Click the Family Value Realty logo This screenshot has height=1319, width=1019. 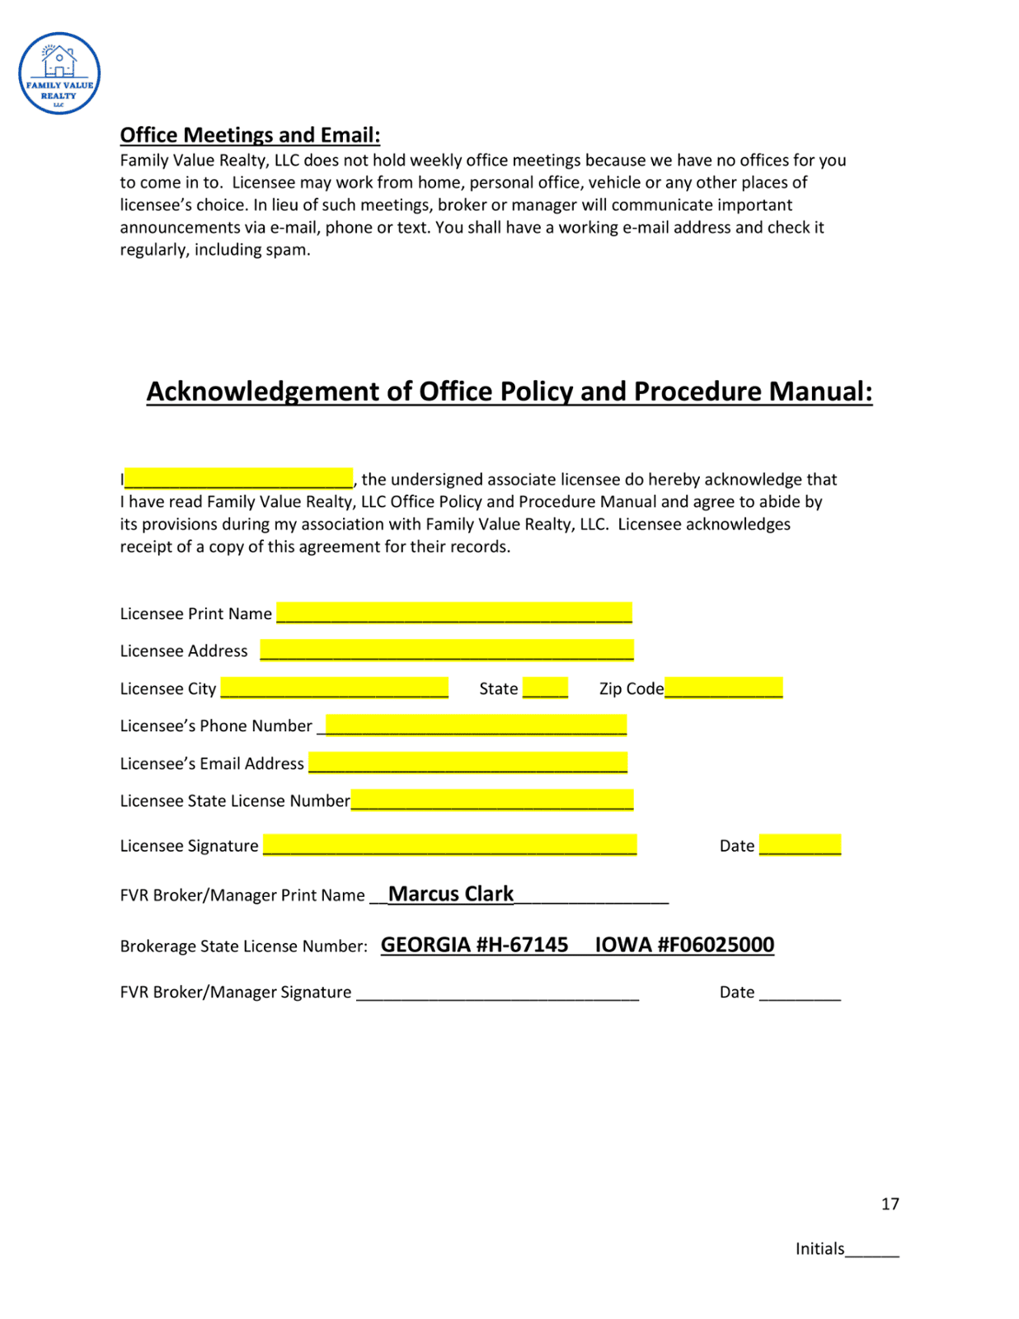pos(59,73)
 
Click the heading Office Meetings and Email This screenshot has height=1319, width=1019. pos(250,135)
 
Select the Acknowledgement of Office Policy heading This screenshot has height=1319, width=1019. pos(509,391)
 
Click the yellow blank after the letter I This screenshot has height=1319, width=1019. pos(238,478)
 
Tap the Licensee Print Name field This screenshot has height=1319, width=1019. pos(454,613)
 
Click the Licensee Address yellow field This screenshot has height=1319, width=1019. pos(447,650)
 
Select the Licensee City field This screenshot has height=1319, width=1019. pos(334,688)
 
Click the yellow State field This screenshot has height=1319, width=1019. pos(545,688)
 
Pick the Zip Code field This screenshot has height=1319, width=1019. pos(723,688)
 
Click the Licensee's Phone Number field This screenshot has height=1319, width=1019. pos(476,725)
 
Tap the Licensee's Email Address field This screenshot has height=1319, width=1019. pos(467,763)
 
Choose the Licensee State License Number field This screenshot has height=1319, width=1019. pos(492,800)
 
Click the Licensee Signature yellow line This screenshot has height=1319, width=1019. pos(449,845)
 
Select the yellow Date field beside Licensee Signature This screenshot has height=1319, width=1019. pos(800,845)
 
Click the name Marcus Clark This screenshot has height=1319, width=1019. pos(451,894)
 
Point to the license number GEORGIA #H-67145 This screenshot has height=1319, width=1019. pos(474,945)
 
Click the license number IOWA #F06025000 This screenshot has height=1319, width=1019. pos(684,945)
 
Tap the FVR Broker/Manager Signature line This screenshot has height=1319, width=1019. pos(497,993)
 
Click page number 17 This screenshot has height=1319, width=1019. pos(890,1204)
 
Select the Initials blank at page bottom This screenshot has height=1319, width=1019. pos(871,1250)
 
